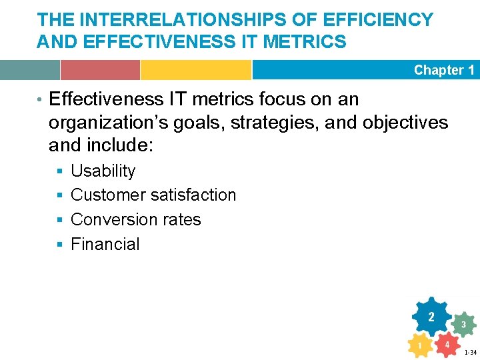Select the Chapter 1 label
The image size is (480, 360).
pyautogui.click(x=444, y=70)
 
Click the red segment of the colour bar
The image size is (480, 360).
pyautogui.click(x=100, y=70)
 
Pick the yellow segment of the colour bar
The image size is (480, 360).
pyautogui.click(x=195, y=70)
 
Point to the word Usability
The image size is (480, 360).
pyautogui.click(x=103, y=171)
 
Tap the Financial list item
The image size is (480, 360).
pyautogui.click(x=105, y=244)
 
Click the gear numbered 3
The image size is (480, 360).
pyautogui.click(x=463, y=324)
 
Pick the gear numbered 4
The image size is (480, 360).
pyautogui.click(x=447, y=345)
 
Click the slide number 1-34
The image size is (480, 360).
pyautogui.click(x=470, y=353)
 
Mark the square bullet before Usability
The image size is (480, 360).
pyautogui.click(x=59, y=172)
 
